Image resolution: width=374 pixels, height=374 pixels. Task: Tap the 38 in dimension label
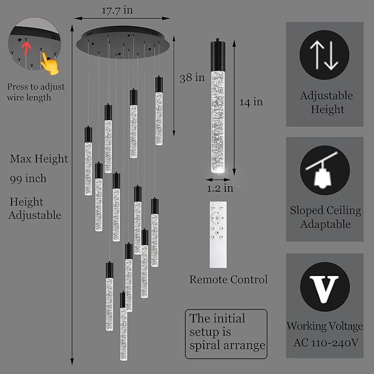192,78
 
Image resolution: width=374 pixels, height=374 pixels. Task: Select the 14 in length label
251,101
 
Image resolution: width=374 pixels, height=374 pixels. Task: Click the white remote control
219,234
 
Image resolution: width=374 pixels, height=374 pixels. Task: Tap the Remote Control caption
229,280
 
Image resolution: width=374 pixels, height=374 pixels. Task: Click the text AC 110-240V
324,342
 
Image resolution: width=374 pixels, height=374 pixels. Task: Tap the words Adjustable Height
327,102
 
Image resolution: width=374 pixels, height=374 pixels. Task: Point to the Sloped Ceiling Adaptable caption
326,217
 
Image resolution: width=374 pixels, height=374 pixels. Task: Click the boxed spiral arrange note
226,333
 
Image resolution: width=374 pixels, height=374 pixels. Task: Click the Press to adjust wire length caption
36,92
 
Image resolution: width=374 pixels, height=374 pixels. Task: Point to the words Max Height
39,159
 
